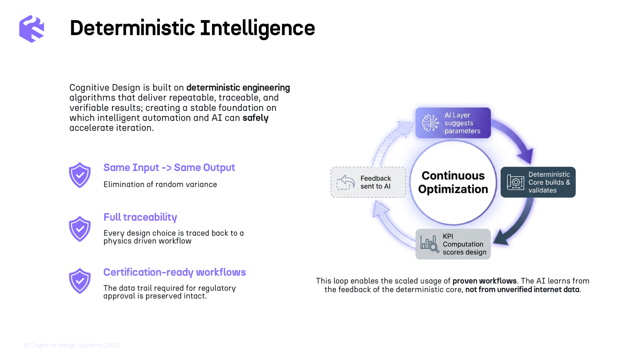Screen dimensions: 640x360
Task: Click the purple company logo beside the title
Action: (32, 29)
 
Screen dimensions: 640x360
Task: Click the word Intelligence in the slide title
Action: (257, 28)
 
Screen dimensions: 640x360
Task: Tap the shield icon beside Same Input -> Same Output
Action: (80, 175)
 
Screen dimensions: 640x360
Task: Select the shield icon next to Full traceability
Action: (80, 229)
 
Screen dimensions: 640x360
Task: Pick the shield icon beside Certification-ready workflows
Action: (80, 281)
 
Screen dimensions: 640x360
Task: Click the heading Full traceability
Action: (140, 218)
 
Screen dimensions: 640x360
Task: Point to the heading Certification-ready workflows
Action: (174, 272)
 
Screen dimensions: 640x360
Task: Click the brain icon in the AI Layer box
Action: (430, 123)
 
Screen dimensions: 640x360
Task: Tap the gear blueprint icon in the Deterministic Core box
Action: (516, 182)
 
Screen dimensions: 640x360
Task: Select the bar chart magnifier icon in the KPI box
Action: (430, 244)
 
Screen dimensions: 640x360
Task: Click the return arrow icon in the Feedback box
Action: (346, 182)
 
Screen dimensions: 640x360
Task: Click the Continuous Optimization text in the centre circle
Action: (453, 182)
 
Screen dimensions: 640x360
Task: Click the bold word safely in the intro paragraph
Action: (256, 118)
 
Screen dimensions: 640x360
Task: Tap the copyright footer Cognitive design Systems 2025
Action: (72, 345)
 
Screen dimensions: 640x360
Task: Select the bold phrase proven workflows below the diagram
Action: (484, 281)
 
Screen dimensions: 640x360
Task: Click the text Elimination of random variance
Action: (160, 184)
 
